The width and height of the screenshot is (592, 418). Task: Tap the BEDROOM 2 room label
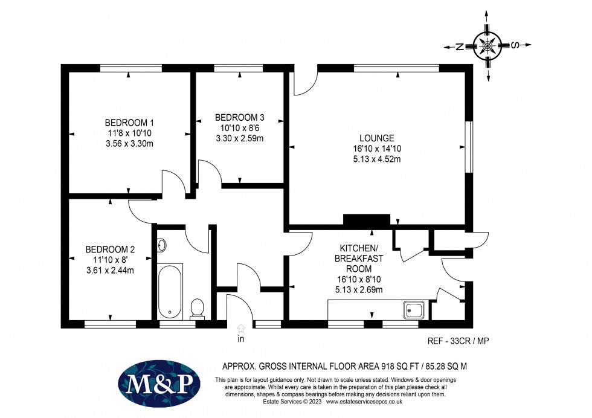(110, 249)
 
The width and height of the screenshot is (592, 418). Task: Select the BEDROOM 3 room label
(240, 117)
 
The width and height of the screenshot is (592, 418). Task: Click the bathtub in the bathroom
(170, 291)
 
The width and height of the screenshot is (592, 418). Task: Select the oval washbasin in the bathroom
(161, 245)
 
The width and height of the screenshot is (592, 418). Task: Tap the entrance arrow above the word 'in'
(241, 329)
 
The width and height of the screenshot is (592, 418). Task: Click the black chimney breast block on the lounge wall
(366, 220)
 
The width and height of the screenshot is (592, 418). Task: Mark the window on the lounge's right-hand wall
(467, 147)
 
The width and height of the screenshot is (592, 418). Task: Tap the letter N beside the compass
(459, 47)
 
